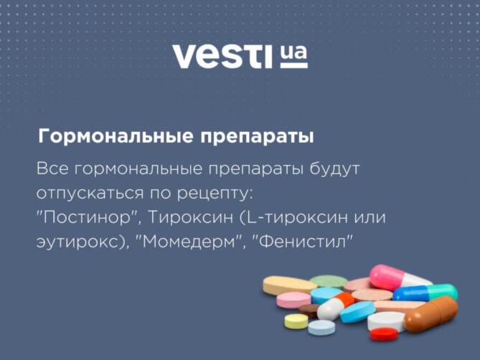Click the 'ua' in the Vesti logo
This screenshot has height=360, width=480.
pyautogui.click(x=293, y=53)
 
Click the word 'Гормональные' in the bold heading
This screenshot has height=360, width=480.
pyautogui.click(x=116, y=137)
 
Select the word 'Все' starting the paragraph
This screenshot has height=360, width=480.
pyautogui.click(x=52, y=169)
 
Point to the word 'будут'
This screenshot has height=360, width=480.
pyautogui.click(x=334, y=169)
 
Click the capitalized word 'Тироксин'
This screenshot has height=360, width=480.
pyautogui.click(x=190, y=218)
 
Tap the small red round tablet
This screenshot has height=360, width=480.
pyautogui.click(x=384, y=334)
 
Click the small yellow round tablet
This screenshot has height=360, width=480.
pyautogui.click(x=296, y=321)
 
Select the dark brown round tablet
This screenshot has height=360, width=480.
pyautogui.click(x=309, y=311)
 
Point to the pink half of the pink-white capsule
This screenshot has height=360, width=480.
pyautogui.click(x=386, y=277)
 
